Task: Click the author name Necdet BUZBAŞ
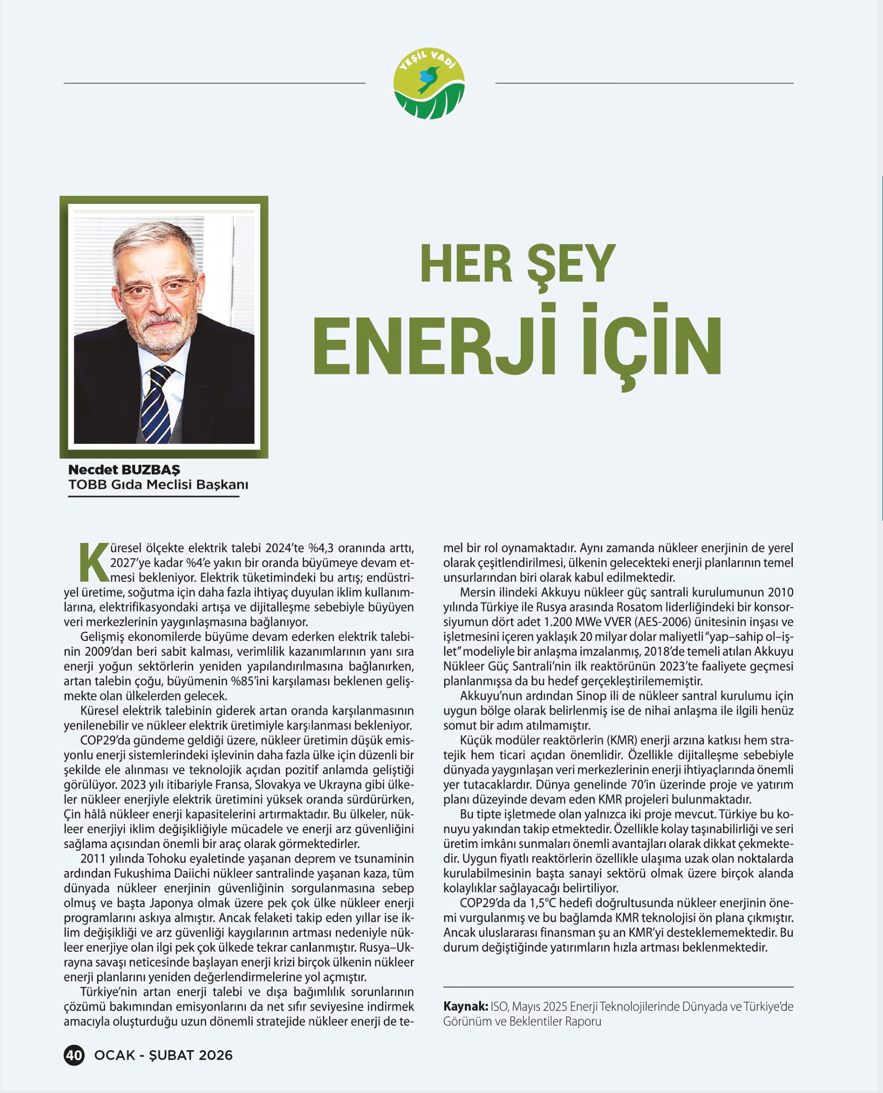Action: [x=124, y=470]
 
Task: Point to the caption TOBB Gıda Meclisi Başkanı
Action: [x=158, y=485]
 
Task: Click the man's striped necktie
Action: [x=156, y=401]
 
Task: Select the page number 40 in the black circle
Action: [x=74, y=1055]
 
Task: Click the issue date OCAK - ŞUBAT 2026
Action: [x=163, y=1055]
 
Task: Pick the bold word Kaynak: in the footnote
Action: [x=465, y=1007]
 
